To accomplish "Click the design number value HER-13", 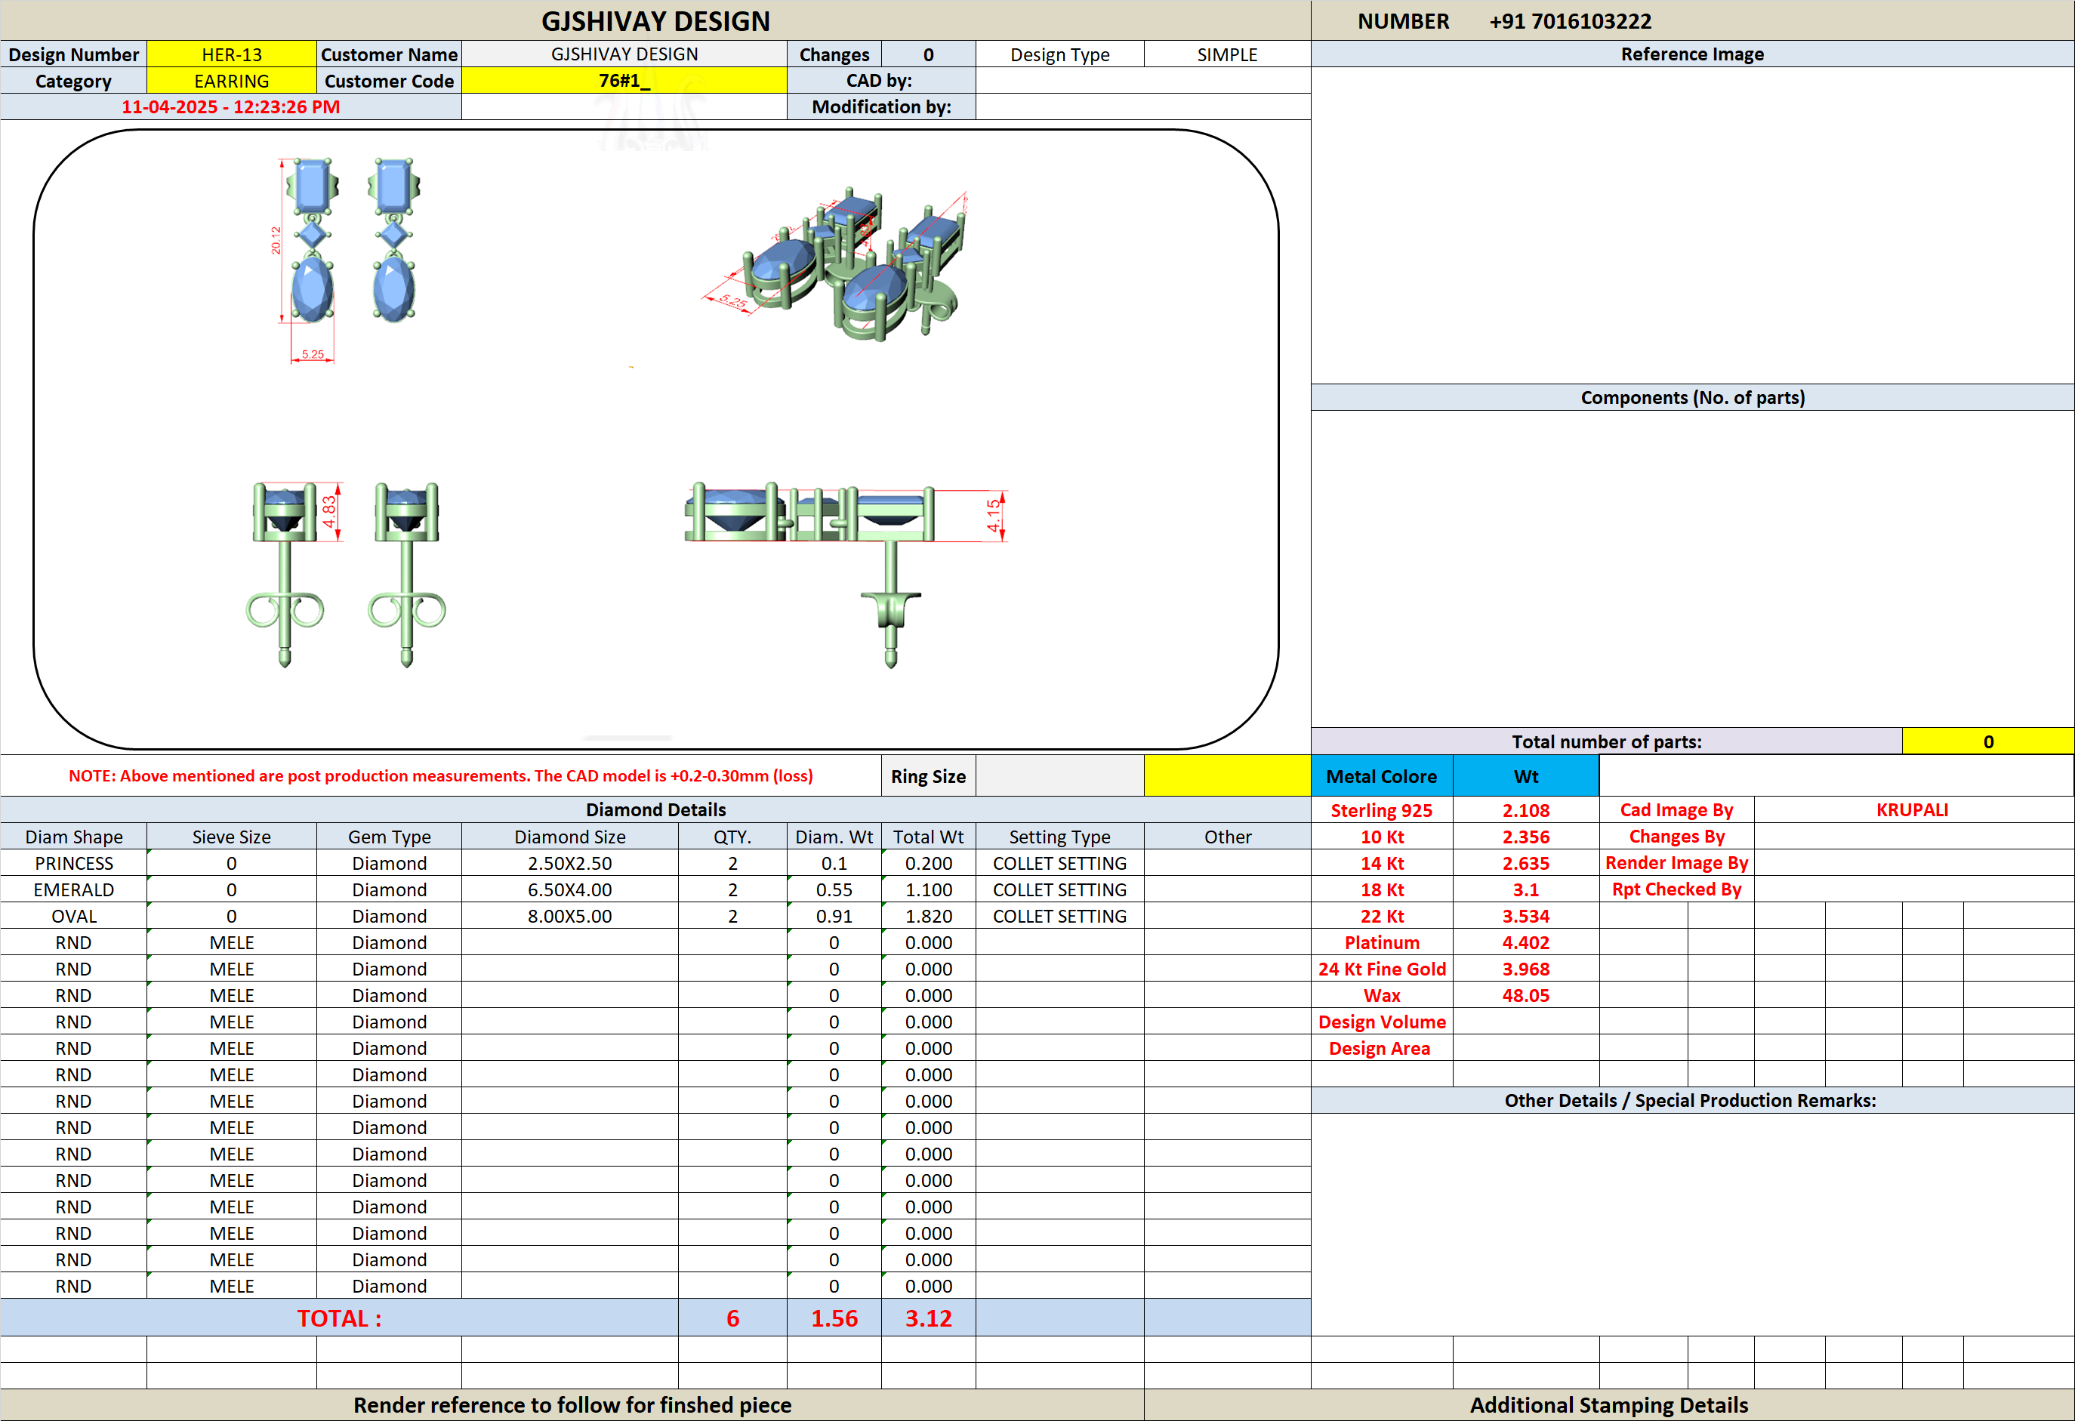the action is (231, 54).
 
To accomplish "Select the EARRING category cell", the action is (231, 82).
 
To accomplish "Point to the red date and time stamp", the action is (230, 107).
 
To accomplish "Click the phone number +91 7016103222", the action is (1571, 20).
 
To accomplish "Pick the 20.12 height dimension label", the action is (276, 240).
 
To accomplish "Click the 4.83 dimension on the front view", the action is (329, 511).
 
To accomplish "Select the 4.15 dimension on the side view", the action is (994, 516).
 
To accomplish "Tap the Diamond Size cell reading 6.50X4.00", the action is (569, 890).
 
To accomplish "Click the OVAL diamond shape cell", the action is (74, 917).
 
